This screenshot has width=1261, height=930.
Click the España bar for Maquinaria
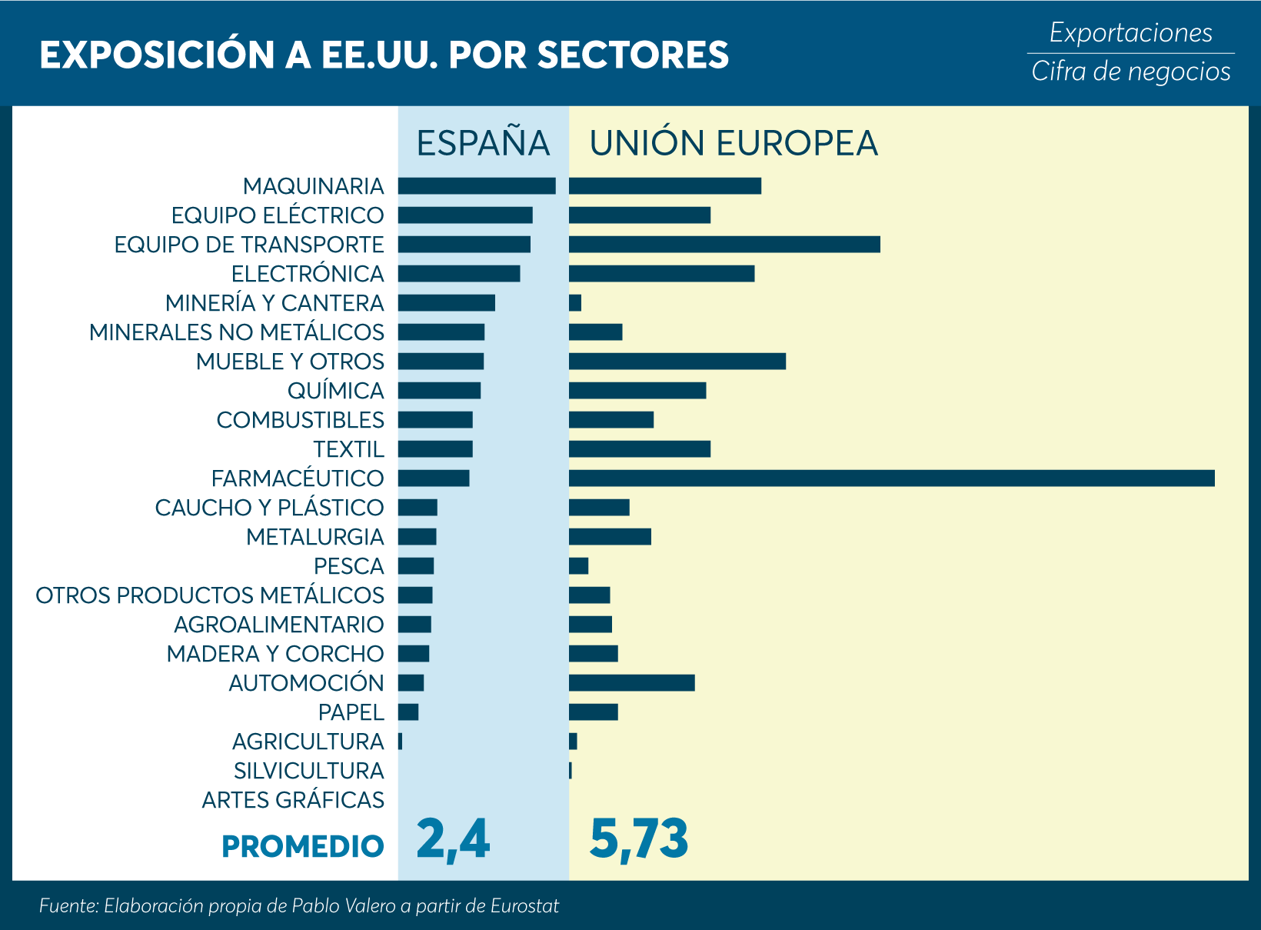pyautogui.click(x=476, y=186)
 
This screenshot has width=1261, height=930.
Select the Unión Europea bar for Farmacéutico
pyautogui.click(x=891, y=478)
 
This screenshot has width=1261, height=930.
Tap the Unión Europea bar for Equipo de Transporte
pyautogui.click(x=724, y=245)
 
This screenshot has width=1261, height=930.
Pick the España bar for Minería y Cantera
pyautogui.click(x=446, y=303)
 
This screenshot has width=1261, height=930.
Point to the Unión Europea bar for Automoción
pyautogui.click(x=631, y=683)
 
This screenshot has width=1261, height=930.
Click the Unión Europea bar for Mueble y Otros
pyautogui.click(x=677, y=362)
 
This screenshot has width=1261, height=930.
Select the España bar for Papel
pyautogui.click(x=408, y=712)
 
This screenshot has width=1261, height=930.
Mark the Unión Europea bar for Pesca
pyautogui.click(x=578, y=566)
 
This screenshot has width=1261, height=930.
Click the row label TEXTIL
pyautogui.click(x=348, y=449)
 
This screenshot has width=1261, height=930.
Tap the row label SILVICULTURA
pyautogui.click(x=308, y=771)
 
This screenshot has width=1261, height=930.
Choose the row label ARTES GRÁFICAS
pyautogui.click(x=293, y=800)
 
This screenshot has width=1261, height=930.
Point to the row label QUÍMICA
pyautogui.click(x=335, y=391)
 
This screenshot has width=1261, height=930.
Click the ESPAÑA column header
pyautogui.click(x=483, y=143)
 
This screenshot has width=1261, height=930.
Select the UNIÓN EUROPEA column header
pyautogui.click(x=734, y=143)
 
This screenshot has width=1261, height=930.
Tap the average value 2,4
pyautogui.click(x=453, y=839)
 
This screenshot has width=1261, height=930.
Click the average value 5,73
pyautogui.click(x=638, y=839)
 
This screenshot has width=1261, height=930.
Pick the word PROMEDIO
pyautogui.click(x=302, y=846)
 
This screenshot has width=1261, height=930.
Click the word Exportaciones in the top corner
pyautogui.click(x=1130, y=33)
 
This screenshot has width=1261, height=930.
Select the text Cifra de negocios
pyautogui.click(x=1130, y=72)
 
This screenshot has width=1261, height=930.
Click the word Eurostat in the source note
pyautogui.click(x=525, y=906)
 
